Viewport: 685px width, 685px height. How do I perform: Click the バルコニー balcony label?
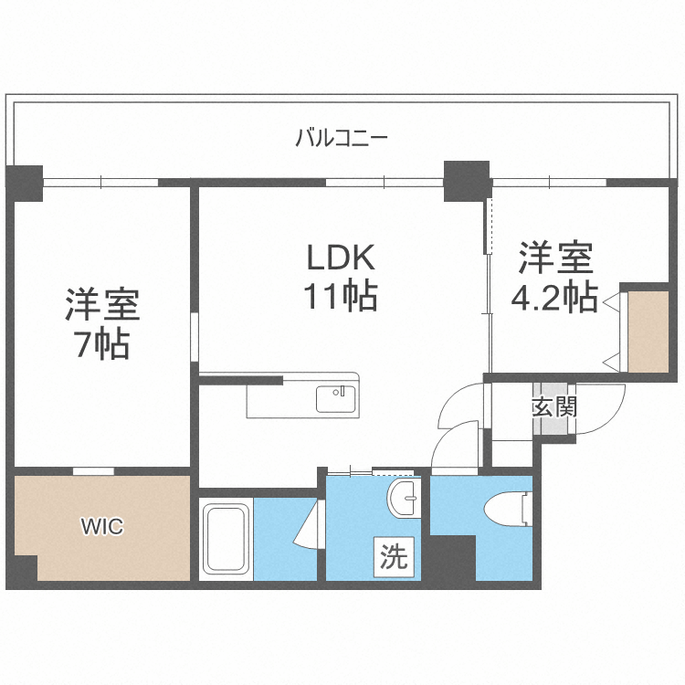(342, 138)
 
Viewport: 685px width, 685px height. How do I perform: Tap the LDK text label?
(342, 257)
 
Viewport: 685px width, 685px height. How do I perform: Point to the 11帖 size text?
(341, 296)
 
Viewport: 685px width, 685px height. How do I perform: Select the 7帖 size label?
(103, 344)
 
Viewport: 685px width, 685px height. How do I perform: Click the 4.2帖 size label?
(554, 297)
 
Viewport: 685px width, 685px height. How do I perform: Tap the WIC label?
(102, 526)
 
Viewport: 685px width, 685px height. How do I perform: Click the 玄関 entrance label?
(554, 407)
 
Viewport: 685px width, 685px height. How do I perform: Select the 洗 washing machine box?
(394, 557)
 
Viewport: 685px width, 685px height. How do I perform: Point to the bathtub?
(226, 539)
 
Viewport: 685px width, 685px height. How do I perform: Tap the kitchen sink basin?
(335, 398)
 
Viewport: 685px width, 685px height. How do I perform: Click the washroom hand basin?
(403, 498)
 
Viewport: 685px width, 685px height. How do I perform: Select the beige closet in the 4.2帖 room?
(648, 332)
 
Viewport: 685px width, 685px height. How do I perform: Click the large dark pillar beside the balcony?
(467, 182)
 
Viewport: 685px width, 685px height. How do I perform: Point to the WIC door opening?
(93, 471)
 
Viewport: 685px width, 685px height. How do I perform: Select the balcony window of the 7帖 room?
(100, 182)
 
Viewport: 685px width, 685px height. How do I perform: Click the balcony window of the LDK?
(385, 182)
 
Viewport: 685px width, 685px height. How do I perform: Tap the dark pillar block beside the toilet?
(453, 558)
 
